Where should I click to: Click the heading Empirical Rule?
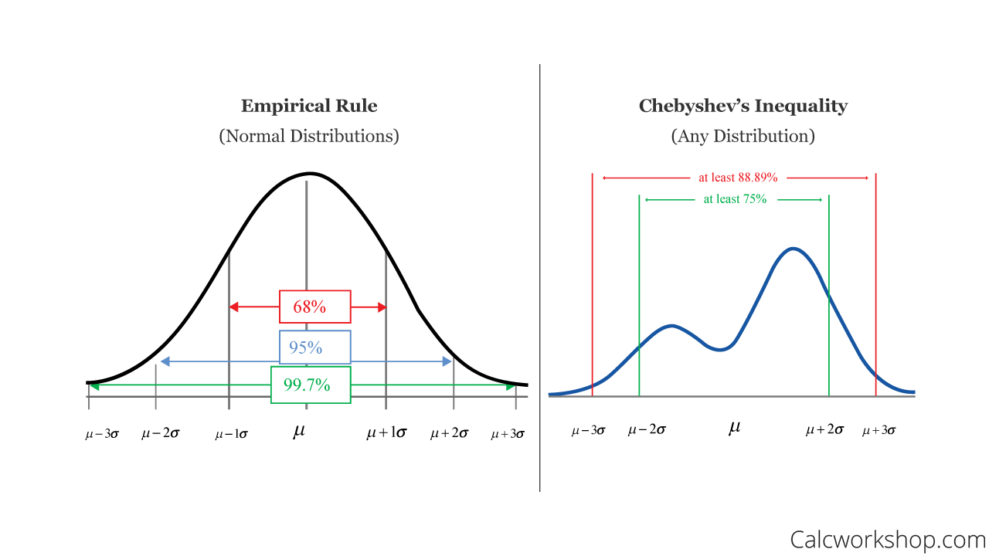(309, 106)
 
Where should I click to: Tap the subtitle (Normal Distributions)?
(309, 136)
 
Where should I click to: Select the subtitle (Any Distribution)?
(743, 136)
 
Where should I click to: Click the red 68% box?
(314, 307)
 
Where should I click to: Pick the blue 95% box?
(314, 347)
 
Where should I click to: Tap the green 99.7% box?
(310, 385)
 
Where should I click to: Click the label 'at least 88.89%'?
(738, 178)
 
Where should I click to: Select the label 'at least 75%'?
(735, 199)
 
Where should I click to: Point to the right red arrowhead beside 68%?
(380, 307)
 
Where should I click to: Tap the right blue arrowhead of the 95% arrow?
(447, 361)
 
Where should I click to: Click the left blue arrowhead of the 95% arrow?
(165, 361)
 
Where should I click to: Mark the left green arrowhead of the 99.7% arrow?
(94, 386)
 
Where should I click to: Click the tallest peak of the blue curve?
(793, 249)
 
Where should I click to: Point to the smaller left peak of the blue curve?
(671, 326)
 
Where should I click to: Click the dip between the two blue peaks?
(720, 349)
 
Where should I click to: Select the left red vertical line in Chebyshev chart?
(592, 286)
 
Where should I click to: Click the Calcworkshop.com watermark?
(888, 538)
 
